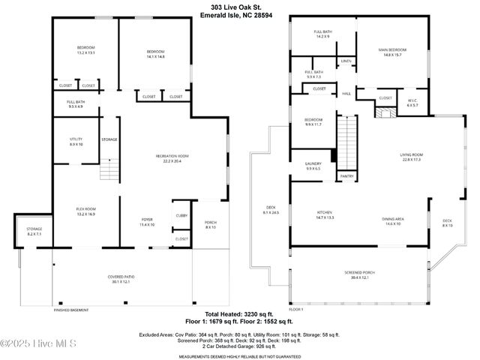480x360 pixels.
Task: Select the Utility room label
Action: (75, 139)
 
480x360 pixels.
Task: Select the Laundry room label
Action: (313, 166)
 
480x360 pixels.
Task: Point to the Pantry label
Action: (346, 176)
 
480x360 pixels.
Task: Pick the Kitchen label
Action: (324, 214)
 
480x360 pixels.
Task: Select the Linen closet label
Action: (346, 61)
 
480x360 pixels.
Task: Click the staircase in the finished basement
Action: (109, 170)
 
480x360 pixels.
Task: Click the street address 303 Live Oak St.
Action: (239, 8)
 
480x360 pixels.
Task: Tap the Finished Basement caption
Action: (71, 309)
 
